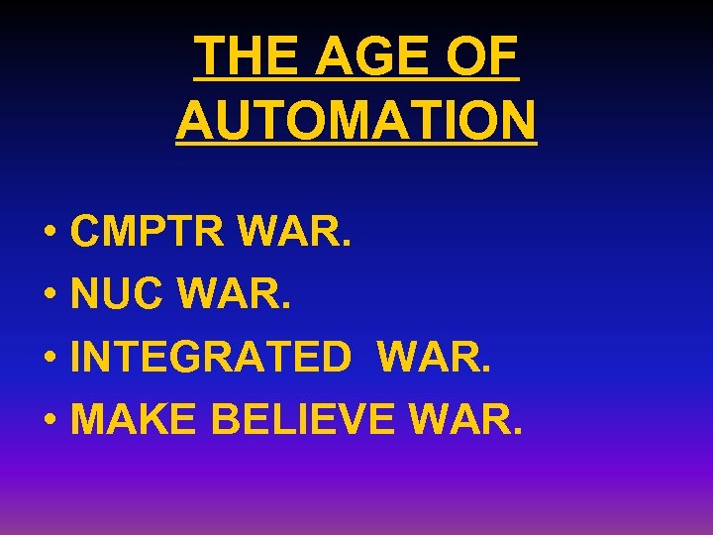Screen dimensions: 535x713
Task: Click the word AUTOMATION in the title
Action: (356, 121)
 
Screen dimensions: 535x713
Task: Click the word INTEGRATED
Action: (211, 357)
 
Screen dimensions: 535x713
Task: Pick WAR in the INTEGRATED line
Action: (442, 357)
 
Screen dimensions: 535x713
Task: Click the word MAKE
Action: (136, 419)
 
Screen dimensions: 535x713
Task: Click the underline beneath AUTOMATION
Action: (356, 146)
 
